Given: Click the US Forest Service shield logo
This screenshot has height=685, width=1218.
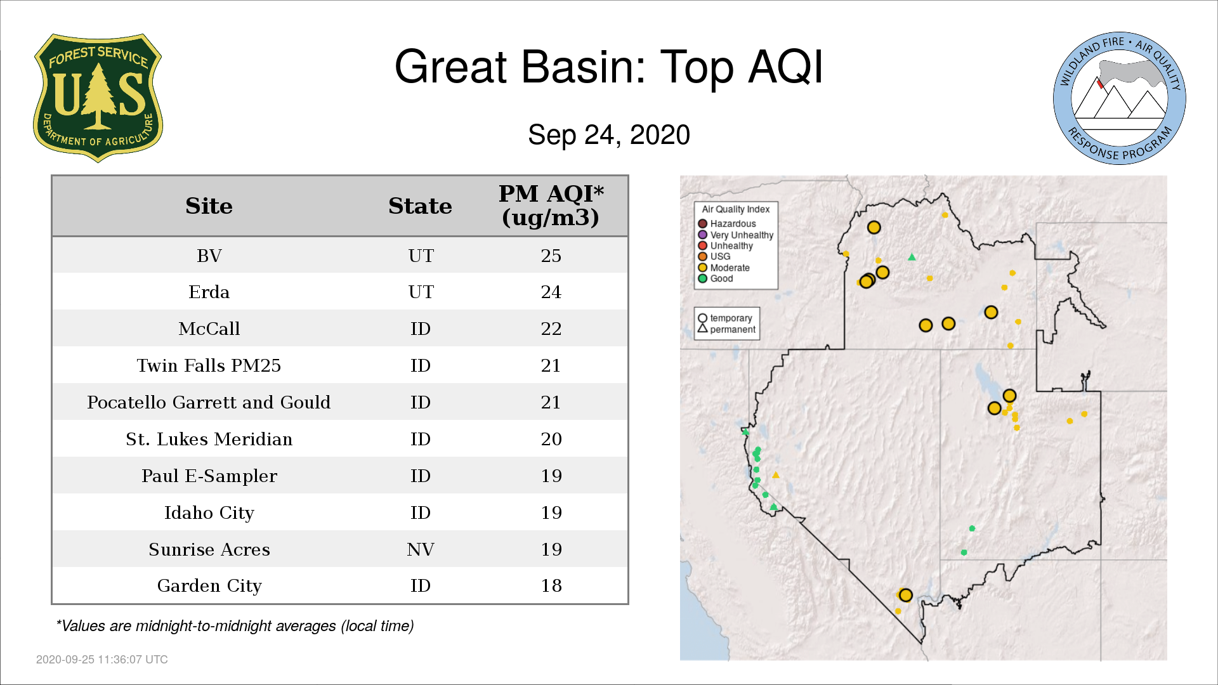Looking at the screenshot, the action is pyautogui.click(x=98, y=98).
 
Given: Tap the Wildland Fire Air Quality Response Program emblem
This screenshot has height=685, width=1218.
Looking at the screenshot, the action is pyautogui.click(x=1119, y=98).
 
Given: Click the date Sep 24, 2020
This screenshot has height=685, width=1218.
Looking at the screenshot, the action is pyautogui.click(x=609, y=135).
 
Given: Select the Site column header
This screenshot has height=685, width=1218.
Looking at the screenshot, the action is pyautogui.click(x=209, y=206).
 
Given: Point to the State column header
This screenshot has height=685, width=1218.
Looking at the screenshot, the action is pyautogui.click(x=420, y=206).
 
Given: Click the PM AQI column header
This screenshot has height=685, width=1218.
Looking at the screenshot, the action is pyautogui.click(x=551, y=205).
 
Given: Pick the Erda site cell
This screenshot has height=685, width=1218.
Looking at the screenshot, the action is pyautogui.click(x=209, y=292).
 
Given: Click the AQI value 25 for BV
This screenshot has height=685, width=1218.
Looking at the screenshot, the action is pyautogui.click(x=551, y=256).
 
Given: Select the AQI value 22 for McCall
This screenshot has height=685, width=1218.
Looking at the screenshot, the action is pyautogui.click(x=551, y=329).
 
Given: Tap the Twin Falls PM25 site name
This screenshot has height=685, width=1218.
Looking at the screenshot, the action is pyautogui.click(x=209, y=365).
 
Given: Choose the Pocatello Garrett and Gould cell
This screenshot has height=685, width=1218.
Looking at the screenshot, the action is pyautogui.click(x=209, y=402).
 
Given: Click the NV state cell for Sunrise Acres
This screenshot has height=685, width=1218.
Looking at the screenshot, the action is pyautogui.click(x=420, y=549).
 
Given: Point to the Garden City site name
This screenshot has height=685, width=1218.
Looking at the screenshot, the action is pyautogui.click(x=209, y=586).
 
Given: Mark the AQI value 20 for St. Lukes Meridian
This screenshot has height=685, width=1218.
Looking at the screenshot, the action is pyautogui.click(x=551, y=439).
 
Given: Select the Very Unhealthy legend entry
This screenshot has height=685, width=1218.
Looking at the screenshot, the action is pyautogui.click(x=736, y=235).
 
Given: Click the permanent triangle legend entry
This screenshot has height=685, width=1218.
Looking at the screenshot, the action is pyautogui.click(x=726, y=329).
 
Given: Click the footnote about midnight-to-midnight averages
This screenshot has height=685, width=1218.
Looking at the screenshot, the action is pyautogui.click(x=235, y=626).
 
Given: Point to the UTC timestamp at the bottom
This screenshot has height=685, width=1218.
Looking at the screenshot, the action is pyautogui.click(x=102, y=660).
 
